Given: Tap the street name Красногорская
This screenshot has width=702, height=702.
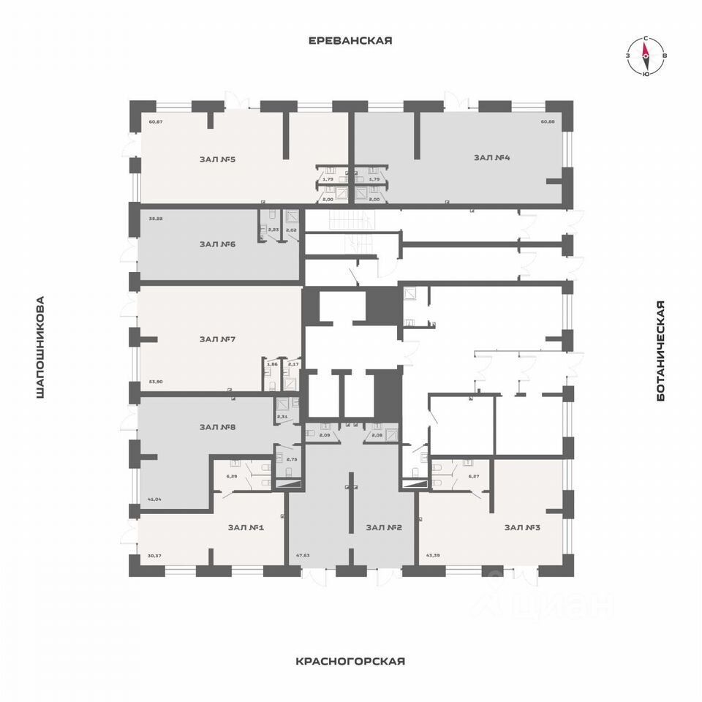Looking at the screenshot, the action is point(350,661).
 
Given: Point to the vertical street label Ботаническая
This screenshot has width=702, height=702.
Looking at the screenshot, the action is point(661,350).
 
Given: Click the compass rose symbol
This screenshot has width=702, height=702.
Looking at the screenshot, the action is point(646,56).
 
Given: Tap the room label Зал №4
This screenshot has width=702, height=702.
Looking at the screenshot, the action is point(491,157).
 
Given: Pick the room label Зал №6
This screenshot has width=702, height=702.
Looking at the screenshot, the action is point(217,244).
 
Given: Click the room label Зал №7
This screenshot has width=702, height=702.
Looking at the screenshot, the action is point(216,339).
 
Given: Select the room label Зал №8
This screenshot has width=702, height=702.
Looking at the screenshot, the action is point(216,427).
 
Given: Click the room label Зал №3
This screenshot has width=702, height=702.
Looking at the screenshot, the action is point(521,526).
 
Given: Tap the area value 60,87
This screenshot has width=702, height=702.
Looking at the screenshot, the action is point(154,121).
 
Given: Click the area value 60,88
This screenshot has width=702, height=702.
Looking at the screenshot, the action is point(548,121).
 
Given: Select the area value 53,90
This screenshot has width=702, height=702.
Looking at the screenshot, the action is point(154,381).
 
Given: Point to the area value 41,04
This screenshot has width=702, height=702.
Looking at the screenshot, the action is point(154,499).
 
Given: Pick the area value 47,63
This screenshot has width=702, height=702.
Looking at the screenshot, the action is point(303,556).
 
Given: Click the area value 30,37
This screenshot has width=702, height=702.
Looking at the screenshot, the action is point(154,556).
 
